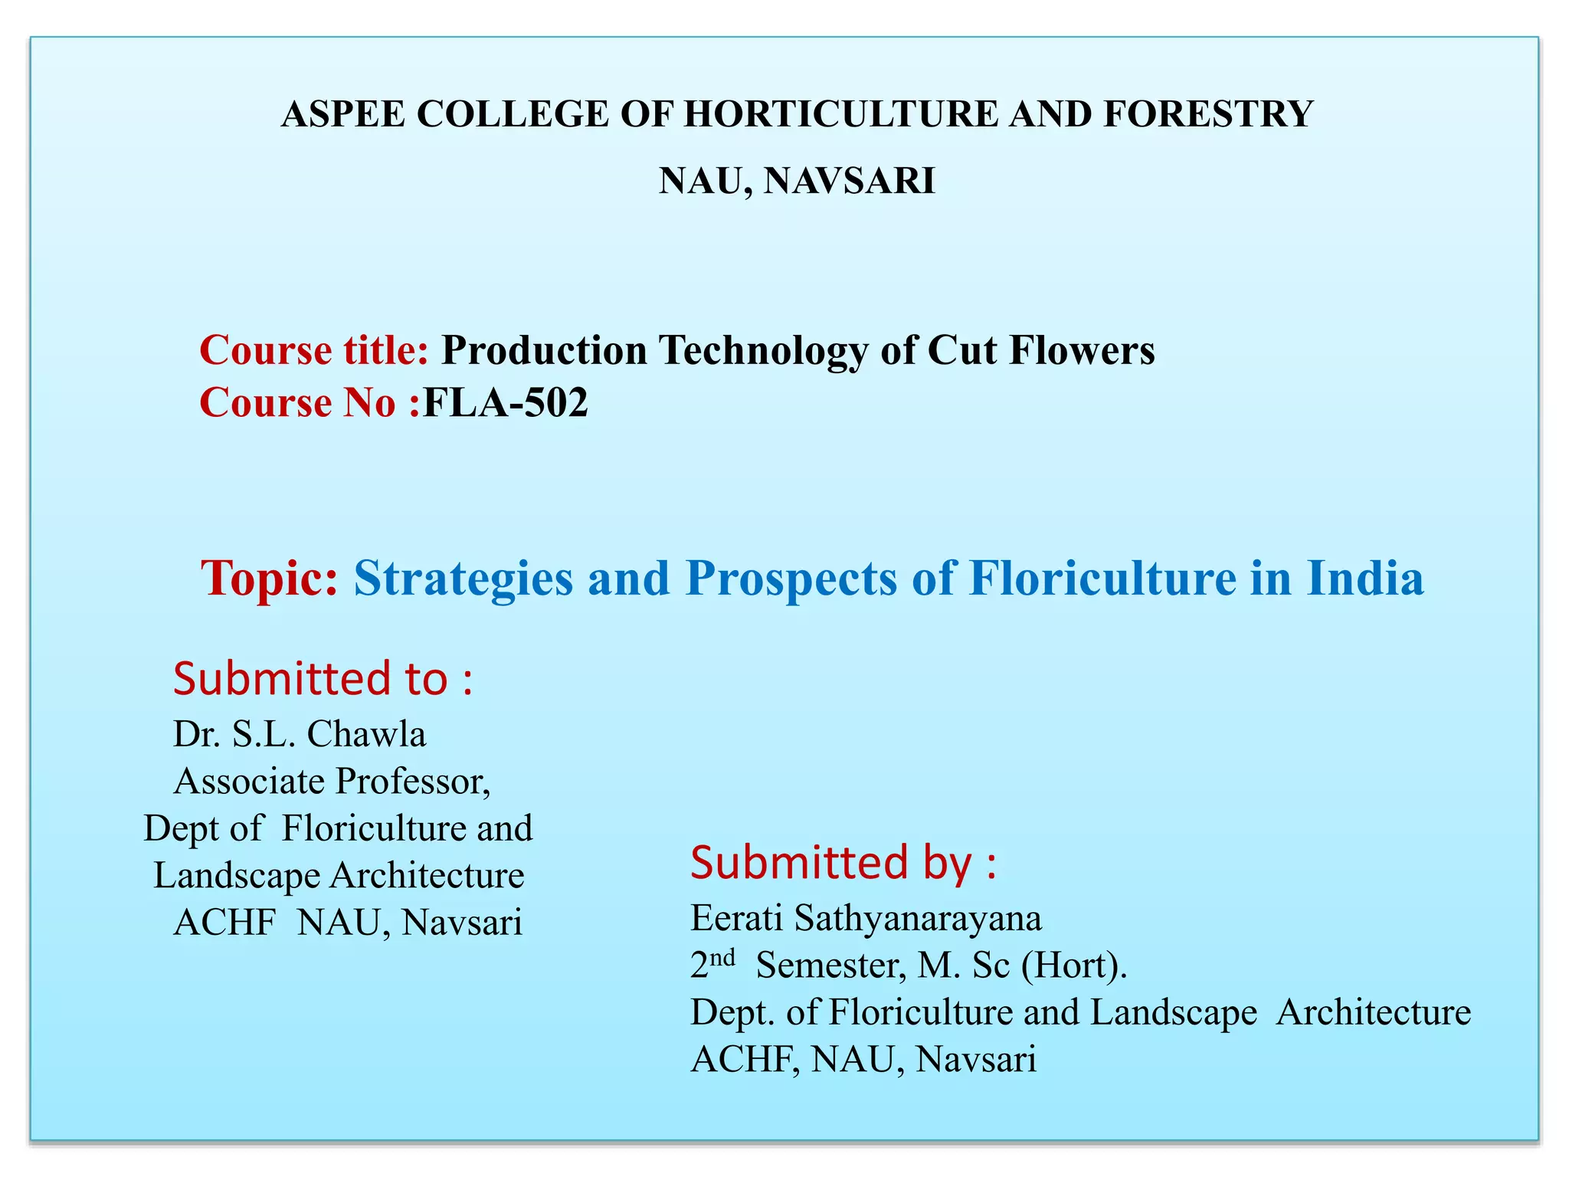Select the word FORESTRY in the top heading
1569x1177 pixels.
(1208, 115)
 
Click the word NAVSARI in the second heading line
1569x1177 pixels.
(850, 182)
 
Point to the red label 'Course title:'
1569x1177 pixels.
(313, 351)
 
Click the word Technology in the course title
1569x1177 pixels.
(763, 351)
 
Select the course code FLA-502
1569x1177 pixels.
(506, 403)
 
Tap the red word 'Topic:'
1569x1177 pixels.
(269, 578)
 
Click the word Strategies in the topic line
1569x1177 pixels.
(463, 578)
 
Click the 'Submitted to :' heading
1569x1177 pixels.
(323, 679)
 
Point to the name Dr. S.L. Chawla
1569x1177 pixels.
(300, 734)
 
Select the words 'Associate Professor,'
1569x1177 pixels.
(332, 782)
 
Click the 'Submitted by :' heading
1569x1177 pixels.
(843, 863)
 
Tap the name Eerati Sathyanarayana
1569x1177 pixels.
(866, 918)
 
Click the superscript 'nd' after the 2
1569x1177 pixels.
(722, 957)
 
